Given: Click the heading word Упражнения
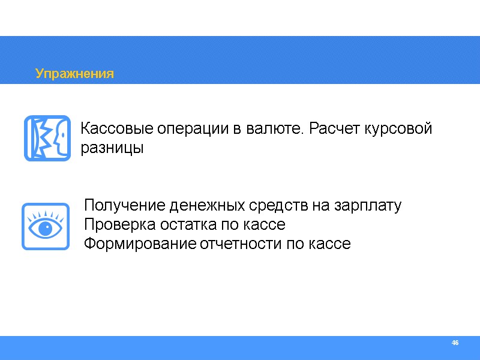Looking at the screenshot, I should pyautogui.click(x=74, y=74).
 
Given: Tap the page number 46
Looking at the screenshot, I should pyautogui.click(x=455, y=343).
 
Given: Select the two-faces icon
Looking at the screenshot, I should pyautogui.click(x=47, y=139).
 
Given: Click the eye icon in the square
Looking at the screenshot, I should pyautogui.click(x=45, y=226).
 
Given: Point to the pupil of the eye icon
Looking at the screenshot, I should pyautogui.click(x=44, y=229).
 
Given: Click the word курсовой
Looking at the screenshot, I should pyautogui.click(x=400, y=129).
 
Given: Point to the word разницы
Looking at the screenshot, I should pyautogui.click(x=112, y=148).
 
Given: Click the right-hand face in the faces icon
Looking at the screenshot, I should pyautogui.click(x=59, y=139).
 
